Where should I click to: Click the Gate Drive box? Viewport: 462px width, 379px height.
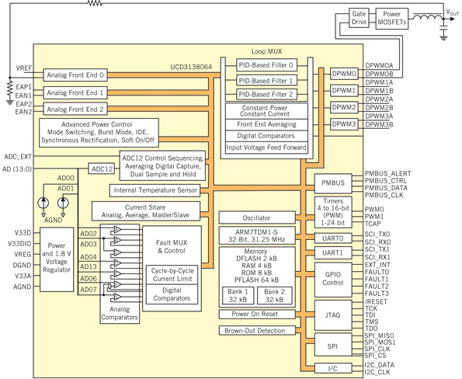click(x=359, y=18)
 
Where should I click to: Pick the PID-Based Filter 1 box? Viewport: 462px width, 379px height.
click(x=266, y=80)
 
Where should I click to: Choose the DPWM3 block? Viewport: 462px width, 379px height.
click(x=344, y=124)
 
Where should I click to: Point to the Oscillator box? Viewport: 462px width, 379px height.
click(x=258, y=217)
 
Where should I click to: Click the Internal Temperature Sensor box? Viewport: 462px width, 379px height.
click(x=155, y=189)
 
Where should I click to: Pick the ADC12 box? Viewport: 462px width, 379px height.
click(x=102, y=169)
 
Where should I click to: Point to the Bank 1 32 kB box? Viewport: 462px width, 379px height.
click(x=237, y=296)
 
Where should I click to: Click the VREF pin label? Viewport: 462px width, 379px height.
click(x=23, y=69)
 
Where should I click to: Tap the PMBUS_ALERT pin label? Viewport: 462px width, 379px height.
click(x=389, y=173)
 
